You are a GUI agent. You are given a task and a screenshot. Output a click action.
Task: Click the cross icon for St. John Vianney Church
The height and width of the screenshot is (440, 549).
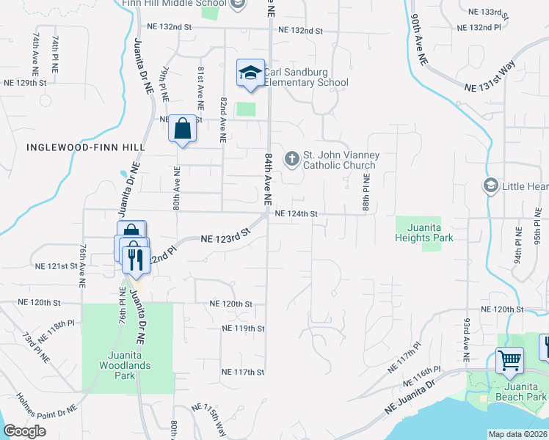click(291, 158)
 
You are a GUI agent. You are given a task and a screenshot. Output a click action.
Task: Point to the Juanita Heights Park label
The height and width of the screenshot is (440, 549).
click(423, 232)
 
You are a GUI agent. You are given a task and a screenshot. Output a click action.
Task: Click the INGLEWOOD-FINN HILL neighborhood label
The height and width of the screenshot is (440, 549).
click(85, 147)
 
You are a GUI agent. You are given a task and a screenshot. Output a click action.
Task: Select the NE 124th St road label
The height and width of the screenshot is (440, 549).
click(296, 214)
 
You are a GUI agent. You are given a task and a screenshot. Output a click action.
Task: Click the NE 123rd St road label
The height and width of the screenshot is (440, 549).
click(226, 236)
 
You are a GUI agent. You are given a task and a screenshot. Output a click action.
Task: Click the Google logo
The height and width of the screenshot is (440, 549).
click(25, 432)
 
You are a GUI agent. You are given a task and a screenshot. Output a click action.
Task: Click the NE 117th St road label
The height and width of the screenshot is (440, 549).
click(243, 373)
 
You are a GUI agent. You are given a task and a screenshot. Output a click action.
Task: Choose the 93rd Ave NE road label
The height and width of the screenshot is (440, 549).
click(466, 339)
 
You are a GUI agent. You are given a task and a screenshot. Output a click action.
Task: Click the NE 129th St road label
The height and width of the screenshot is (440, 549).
click(26, 84)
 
